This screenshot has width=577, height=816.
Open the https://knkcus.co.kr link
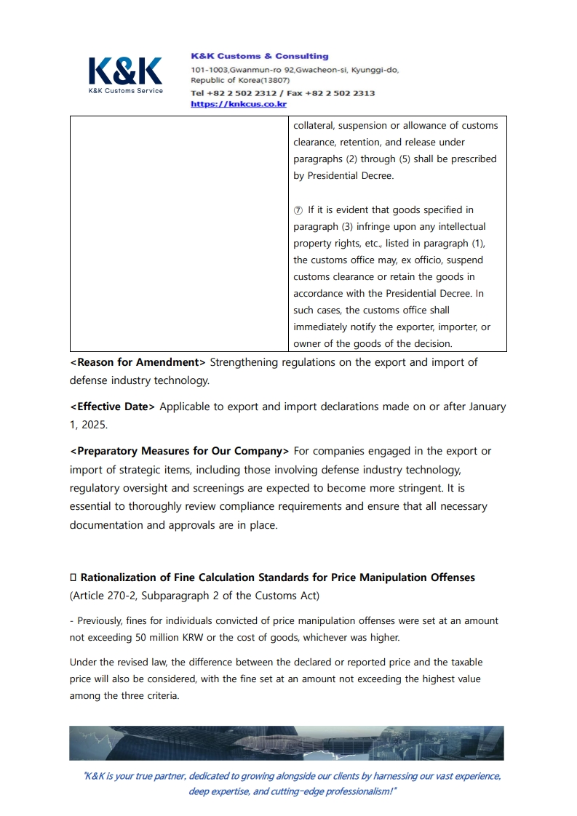238,104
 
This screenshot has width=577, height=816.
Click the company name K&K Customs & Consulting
259,56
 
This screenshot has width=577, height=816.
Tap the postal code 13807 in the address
276,80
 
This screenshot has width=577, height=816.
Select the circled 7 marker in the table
298,210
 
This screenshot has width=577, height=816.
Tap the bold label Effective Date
113,407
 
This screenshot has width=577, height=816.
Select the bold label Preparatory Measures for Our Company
179,451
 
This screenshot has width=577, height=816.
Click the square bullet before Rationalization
73,577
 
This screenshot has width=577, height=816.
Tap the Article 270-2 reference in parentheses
106,596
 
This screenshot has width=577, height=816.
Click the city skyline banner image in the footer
287,743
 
